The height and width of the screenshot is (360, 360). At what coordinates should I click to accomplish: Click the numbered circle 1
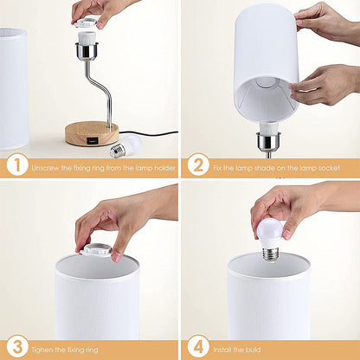(16, 165)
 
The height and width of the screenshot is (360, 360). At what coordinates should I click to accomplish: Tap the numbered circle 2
(196, 165)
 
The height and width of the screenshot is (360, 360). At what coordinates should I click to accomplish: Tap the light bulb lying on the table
(129, 145)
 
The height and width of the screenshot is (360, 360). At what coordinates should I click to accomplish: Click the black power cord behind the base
(151, 132)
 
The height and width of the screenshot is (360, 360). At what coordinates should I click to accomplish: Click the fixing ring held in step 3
(96, 249)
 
